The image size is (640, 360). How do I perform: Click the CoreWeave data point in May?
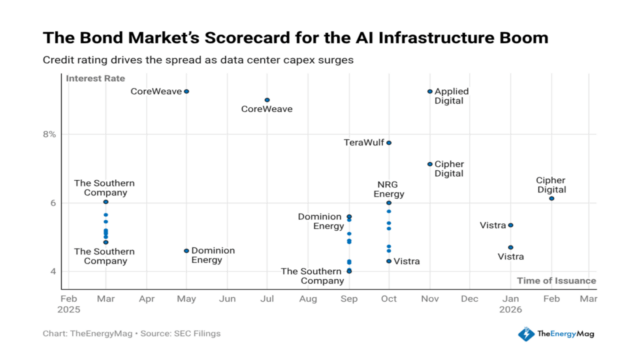[186, 91]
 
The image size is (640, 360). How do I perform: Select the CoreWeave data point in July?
[267, 100]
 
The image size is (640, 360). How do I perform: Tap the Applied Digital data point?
[430, 91]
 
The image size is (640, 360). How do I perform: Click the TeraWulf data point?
[389, 142]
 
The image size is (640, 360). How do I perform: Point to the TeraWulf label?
[363, 142]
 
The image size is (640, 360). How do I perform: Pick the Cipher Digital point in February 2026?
[551, 198]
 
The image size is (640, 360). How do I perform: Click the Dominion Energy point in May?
[186, 251]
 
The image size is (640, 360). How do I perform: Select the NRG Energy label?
[389, 189]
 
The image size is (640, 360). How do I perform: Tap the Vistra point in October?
[389, 261]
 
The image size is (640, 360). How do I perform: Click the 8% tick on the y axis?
[49, 134]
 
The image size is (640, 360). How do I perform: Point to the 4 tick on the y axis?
[52, 271]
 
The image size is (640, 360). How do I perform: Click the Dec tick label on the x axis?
[469, 298]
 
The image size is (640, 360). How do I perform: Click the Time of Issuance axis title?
[555, 281]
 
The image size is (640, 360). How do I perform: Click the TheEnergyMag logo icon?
[525, 334]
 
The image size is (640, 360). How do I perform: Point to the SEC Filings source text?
[194, 333]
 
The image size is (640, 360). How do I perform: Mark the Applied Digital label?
[451, 96]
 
